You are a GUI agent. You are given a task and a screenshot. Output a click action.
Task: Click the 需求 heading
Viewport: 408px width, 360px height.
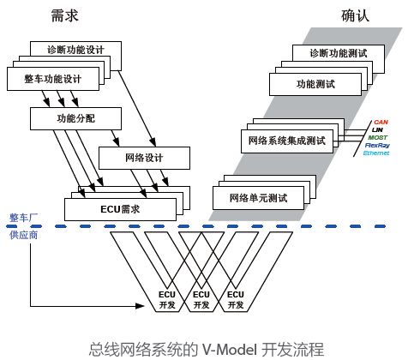64,15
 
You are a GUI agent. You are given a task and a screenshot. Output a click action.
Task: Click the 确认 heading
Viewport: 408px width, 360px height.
355,15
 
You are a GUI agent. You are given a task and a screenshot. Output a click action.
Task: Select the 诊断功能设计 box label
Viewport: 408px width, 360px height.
75,50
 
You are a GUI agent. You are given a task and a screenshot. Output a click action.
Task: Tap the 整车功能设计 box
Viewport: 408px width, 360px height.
53,79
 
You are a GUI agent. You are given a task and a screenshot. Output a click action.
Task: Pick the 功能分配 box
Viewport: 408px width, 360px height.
75,118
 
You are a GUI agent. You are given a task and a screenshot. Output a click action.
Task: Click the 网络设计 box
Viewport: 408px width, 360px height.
144,158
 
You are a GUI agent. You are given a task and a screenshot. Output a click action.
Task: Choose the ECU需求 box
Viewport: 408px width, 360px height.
120,209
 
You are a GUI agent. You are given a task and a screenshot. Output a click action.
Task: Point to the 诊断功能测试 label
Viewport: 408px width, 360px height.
339,53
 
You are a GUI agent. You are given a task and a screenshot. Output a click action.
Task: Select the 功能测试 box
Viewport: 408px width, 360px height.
315,84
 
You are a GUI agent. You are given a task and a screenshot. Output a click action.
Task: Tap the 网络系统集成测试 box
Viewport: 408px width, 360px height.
287,141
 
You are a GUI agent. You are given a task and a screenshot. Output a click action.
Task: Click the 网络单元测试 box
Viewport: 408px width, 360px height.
258,198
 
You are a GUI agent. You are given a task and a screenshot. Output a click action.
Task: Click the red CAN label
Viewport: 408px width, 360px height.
381,122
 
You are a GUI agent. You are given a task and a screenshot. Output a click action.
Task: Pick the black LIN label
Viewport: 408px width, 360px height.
377,129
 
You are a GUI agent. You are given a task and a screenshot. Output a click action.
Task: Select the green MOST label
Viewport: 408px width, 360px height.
377,137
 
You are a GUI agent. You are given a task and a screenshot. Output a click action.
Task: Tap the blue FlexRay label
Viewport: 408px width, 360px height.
377,145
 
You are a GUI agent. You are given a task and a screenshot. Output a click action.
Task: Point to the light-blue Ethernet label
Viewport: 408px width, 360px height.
376,153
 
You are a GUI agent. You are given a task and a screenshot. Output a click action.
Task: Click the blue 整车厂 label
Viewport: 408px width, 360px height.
23,218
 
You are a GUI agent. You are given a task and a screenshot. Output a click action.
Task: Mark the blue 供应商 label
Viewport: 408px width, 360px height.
23,235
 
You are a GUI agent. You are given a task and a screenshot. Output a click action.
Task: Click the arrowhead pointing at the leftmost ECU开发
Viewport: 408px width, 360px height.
140,306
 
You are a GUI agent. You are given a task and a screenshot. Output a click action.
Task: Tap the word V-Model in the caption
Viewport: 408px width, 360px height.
230,349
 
